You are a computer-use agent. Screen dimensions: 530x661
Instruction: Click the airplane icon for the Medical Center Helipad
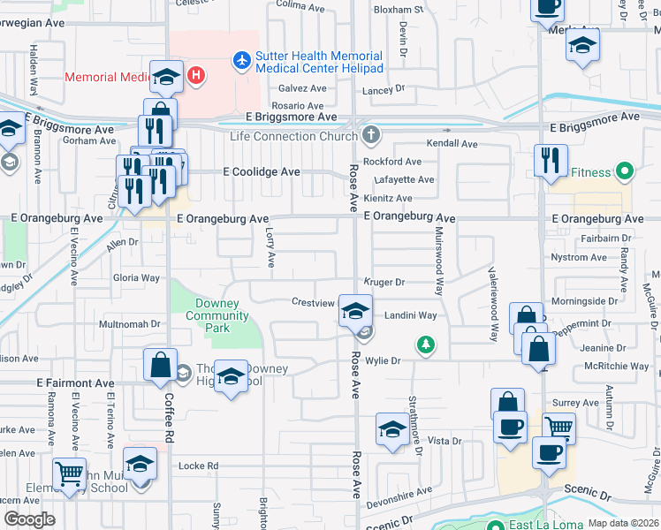pos(241,61)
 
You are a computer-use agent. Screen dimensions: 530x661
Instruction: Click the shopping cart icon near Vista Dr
pos(558,428)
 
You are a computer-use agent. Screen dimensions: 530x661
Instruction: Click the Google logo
pos(29,519)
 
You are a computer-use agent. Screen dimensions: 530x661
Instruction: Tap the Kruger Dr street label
pos(384,283)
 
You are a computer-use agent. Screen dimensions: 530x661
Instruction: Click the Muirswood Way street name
pos(438,261)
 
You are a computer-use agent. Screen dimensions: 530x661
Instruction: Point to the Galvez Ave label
pos(303,88)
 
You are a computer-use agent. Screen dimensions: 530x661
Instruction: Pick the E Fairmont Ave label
pos(75,383)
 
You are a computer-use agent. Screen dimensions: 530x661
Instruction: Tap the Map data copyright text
pos(623,523)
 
